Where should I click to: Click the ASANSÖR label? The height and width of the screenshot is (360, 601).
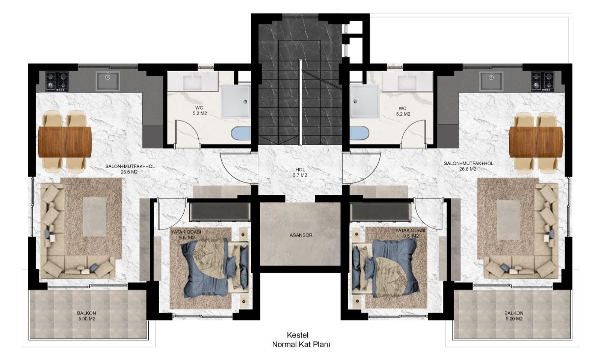point(301,235)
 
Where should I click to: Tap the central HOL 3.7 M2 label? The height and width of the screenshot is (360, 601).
point(300,172)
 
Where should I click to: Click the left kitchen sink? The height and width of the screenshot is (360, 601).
point(107,81)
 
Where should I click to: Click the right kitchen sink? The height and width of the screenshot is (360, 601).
point(491,81)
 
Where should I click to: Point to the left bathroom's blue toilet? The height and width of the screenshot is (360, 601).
point(241,133)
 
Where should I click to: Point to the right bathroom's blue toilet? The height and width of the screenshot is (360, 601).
point(359,133)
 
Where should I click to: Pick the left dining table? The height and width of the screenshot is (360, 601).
point(65,142)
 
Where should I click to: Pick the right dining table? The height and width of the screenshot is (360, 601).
point(536,142)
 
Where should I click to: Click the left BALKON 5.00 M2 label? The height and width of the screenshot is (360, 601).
point(86,316)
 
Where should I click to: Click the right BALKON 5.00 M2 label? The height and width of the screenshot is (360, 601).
point(514,316)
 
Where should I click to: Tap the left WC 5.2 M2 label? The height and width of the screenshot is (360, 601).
point(199,111)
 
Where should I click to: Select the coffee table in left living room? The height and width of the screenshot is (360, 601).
point(94,217)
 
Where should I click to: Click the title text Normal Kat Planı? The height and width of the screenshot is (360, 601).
point(301,345)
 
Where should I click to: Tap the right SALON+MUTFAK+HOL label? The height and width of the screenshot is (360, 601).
point(468,163)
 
